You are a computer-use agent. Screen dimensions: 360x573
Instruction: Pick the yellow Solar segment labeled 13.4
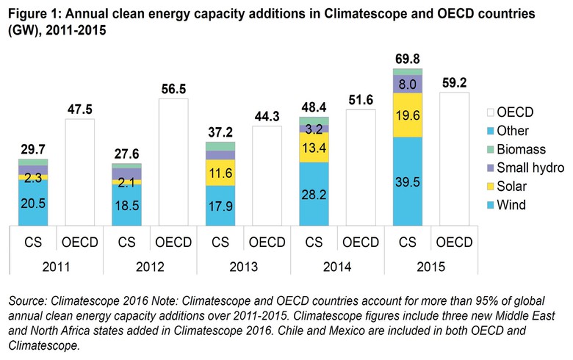coord(313,148)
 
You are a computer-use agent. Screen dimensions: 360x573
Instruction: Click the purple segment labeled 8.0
coord(407,84)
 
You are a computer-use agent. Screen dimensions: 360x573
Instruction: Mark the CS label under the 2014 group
coord(314,242)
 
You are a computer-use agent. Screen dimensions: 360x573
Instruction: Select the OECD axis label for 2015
coord(454,242)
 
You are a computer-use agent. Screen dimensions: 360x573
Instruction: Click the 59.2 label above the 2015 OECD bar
coord(454,83)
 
